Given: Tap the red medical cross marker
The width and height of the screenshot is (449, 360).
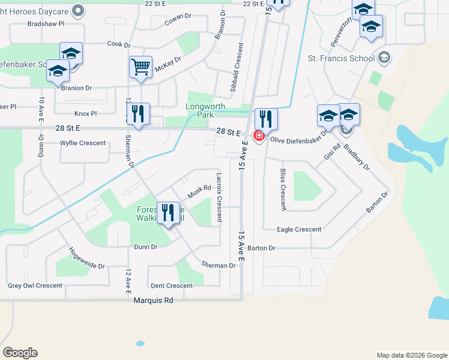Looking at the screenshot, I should click(259, 136).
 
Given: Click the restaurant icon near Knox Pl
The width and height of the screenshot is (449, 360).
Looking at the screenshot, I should click(139, 113).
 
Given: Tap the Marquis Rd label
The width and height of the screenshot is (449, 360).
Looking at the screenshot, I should click(153, 300).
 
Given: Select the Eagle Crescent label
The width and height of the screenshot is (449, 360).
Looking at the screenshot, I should click(299, 229).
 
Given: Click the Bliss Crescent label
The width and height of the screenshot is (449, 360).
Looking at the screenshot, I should click(283, 189).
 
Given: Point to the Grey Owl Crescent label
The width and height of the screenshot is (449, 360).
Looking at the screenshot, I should click(35, 286).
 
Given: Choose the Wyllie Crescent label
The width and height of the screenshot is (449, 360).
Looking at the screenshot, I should click(83, 143).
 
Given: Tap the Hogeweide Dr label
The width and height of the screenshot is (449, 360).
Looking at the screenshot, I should click(86, 258).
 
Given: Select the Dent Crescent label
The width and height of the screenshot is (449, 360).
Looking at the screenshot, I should click(172, 286).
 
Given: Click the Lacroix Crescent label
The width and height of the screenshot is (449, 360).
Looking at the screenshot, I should click(219, 197).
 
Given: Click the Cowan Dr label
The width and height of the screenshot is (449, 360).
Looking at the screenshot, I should click(178, 22).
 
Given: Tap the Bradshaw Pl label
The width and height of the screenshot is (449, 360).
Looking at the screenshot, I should click(46, 25).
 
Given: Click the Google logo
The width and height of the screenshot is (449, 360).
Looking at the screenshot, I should click(20, 353).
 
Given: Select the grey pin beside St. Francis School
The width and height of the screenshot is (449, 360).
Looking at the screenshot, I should click(385, 58).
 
